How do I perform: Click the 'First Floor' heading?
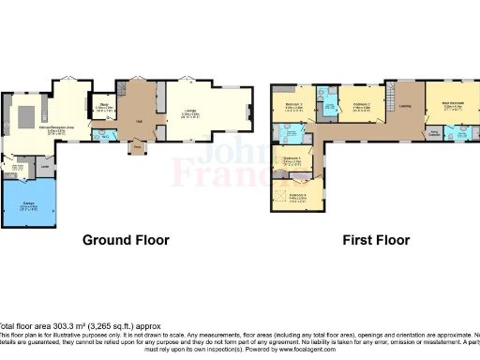(x=374, y=240)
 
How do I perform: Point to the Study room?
(x=104, y=108)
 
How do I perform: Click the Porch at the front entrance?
(x=138, y=147)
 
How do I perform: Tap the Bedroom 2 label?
(x=362, y=105)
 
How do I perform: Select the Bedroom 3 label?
(x=292, y=104)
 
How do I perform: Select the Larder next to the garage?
(x=44, y=168)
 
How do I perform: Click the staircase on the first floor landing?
(x=386, y=97)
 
